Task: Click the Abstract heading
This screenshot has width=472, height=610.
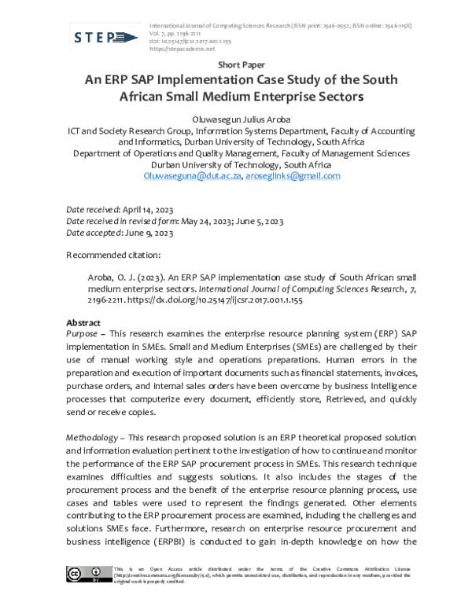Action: pos(83,323)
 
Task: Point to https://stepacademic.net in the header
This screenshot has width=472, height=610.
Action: pos(182,48)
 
